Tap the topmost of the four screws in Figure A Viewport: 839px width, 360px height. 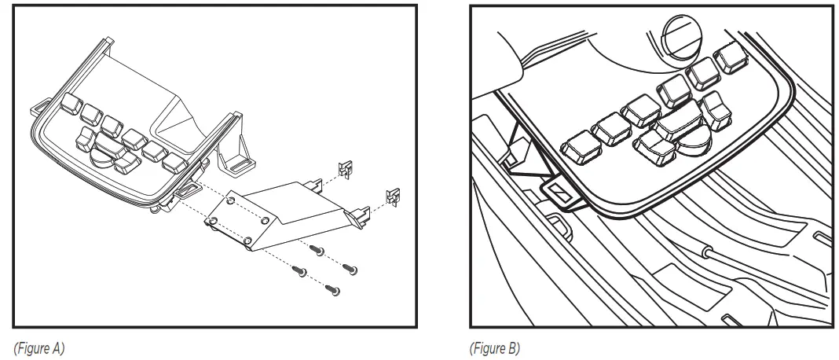click(x=317, y=250)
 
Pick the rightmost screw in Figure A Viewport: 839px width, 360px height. click(x=353, y=270)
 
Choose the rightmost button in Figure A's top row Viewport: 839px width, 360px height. click(x=171, y=163)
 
